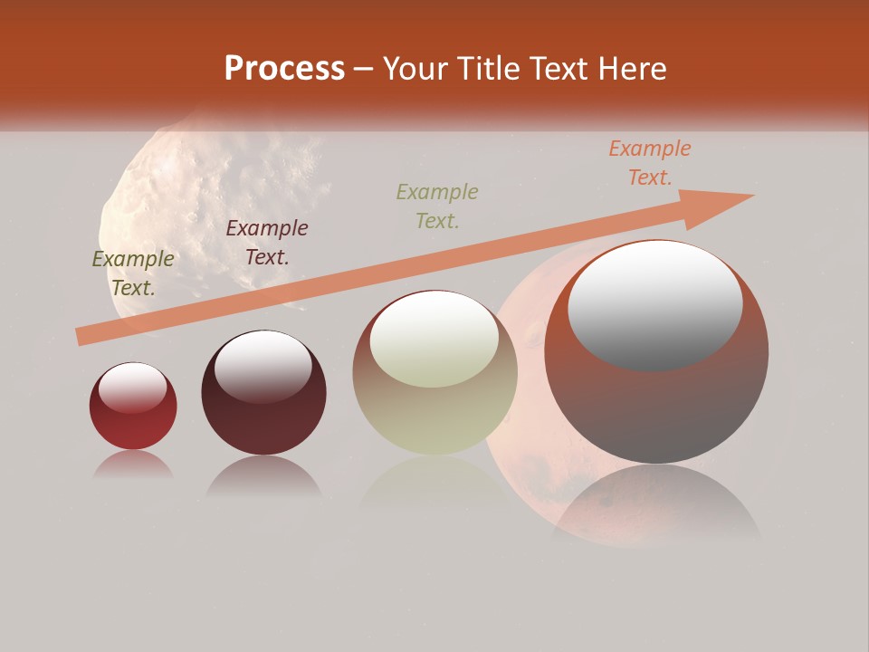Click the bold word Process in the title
pos(284,69)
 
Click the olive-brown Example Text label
pos(133,273)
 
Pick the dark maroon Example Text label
pos(267,243)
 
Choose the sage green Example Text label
pos(437,206)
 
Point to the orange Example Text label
pos(649,163)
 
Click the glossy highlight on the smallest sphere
pos(133,388)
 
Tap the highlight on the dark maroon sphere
pos(263,366)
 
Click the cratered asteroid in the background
pos(217,199)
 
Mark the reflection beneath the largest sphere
pos(656,507)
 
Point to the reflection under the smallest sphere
pos(133,465)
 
